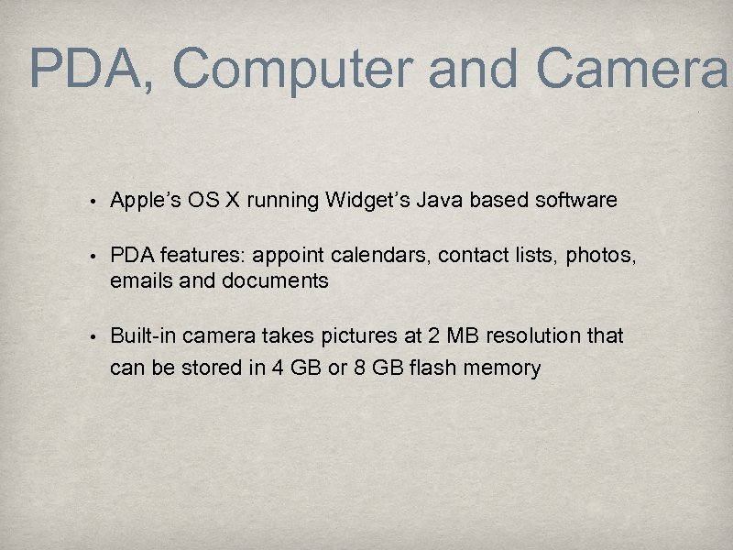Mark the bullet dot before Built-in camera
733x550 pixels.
click(93, 337)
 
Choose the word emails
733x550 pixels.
click(140, 281)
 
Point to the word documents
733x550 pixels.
click(275, 281)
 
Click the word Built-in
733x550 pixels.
click(143, 336)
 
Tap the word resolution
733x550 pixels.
click(532, 336)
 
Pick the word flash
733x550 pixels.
click(434, 368)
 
